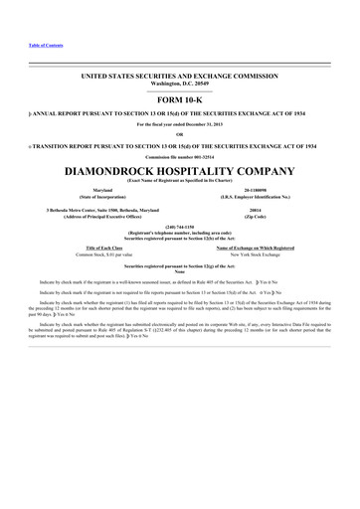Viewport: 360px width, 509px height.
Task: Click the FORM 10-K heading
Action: (x=179, y=101)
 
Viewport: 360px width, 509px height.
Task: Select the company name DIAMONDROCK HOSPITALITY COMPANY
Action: (x=179, y=170)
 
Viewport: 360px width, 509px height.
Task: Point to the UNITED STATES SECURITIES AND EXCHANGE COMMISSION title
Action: (x=179, y=75)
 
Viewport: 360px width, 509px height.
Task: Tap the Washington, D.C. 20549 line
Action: (x=179, y=84)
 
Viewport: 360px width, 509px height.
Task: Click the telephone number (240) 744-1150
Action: (x=179, y=226)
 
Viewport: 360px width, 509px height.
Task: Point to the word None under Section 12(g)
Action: (x=179, y=273)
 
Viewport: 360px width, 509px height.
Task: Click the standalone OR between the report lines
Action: (x=179, y=134)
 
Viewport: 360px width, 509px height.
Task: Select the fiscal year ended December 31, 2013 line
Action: (x=179, y=124)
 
